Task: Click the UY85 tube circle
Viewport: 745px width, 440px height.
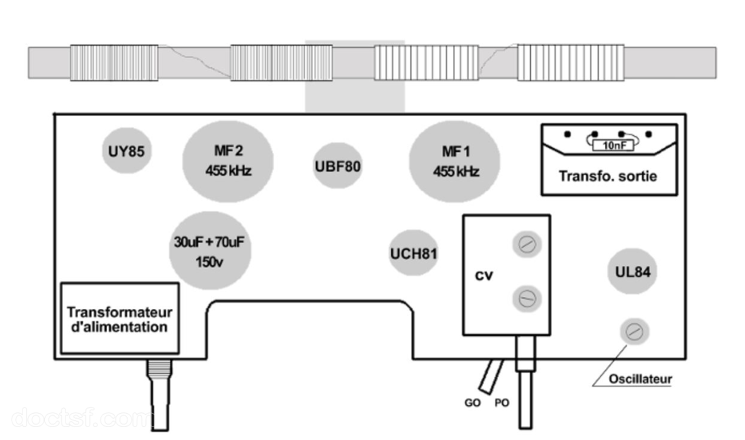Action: point(127,151)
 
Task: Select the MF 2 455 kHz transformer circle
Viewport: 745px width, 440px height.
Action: point(228,161)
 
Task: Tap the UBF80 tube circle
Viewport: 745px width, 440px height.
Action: point(337,166)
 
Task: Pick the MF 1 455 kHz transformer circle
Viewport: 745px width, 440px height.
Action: point(454,161)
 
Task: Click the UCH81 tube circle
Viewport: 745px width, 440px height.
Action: point(413,253)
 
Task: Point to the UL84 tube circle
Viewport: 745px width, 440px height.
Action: point(633,271)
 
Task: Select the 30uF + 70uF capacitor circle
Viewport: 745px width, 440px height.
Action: point(210,250)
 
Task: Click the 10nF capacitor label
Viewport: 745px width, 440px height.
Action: point(613,145)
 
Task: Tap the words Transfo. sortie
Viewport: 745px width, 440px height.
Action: point(608,176)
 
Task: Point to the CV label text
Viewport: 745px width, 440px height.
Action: point(484,276)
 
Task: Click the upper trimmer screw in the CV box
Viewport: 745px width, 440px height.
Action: point(527,245)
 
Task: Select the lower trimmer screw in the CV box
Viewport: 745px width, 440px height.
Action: point(527,298)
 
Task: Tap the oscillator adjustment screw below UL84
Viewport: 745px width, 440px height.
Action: point(634,332)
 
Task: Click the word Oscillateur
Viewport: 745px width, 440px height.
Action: point(640,379)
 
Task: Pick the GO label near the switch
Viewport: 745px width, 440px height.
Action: point(473,403)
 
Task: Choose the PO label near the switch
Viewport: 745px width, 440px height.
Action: point(502,403)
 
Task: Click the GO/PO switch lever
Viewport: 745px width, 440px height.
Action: point(491,377)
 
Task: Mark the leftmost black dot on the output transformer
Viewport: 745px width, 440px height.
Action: point(568,135)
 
